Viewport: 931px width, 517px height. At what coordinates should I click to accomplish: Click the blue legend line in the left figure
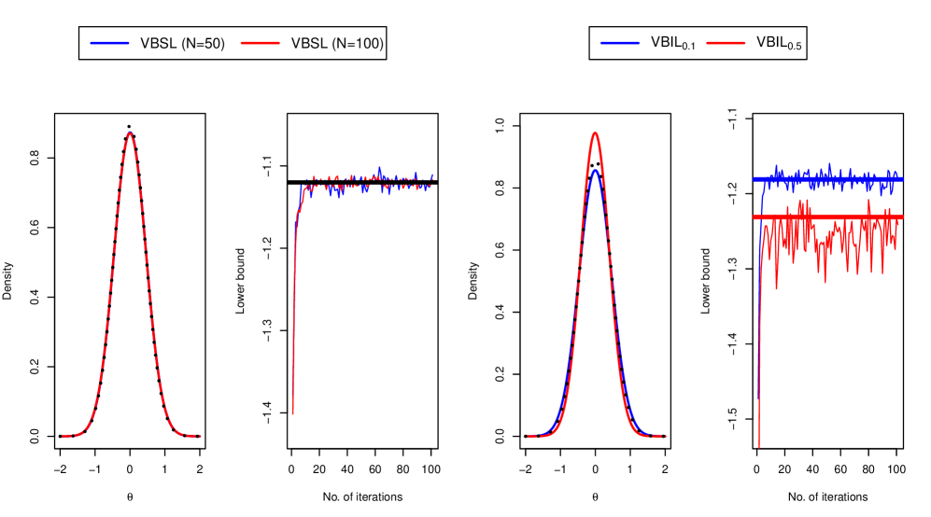[x=109, y=43]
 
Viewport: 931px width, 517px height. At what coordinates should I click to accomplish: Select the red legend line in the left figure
[x=261, y=43]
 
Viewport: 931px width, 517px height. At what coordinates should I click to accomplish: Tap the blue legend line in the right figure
[x=619, y=43]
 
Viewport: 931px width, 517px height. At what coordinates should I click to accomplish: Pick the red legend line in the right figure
[x=726, y=43]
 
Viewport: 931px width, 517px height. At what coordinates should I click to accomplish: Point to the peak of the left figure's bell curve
[x=130, y=133]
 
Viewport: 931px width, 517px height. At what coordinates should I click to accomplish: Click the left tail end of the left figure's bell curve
[x=63, y=436]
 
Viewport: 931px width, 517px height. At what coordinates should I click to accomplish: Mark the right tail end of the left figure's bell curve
[x=199, y=436]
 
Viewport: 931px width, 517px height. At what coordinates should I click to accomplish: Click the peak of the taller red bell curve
[x=595, y=133]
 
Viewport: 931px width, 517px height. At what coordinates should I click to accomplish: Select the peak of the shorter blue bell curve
[x=595, y=171]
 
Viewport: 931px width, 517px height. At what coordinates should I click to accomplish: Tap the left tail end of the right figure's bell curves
[x=529, y=436]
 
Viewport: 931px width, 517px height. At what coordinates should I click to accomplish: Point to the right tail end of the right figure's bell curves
[x=664, y=436]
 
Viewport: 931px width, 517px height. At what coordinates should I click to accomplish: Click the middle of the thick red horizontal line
[x=828, y=217]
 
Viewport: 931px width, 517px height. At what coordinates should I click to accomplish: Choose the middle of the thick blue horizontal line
[x=828, y=178]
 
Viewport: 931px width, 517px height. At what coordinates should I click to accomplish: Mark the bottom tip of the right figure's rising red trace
[x=758, y=446]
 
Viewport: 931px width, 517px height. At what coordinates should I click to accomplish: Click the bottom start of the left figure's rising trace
[x=292, y=413]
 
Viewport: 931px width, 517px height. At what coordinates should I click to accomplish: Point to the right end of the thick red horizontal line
[x=902, y=217]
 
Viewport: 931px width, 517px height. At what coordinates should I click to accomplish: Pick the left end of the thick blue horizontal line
[x=755, y=178]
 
